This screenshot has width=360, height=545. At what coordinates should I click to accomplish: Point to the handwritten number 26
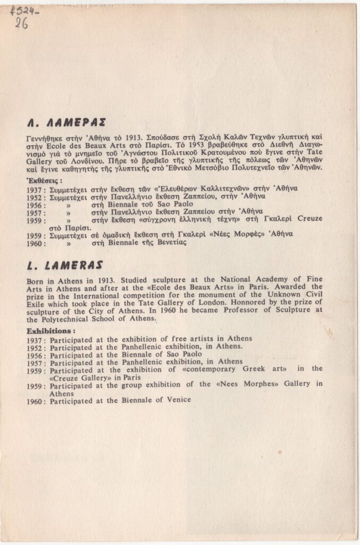point(22,23)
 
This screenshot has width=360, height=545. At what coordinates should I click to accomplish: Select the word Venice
point(177,400)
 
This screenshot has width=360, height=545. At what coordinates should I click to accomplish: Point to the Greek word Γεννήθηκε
point(47,137)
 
